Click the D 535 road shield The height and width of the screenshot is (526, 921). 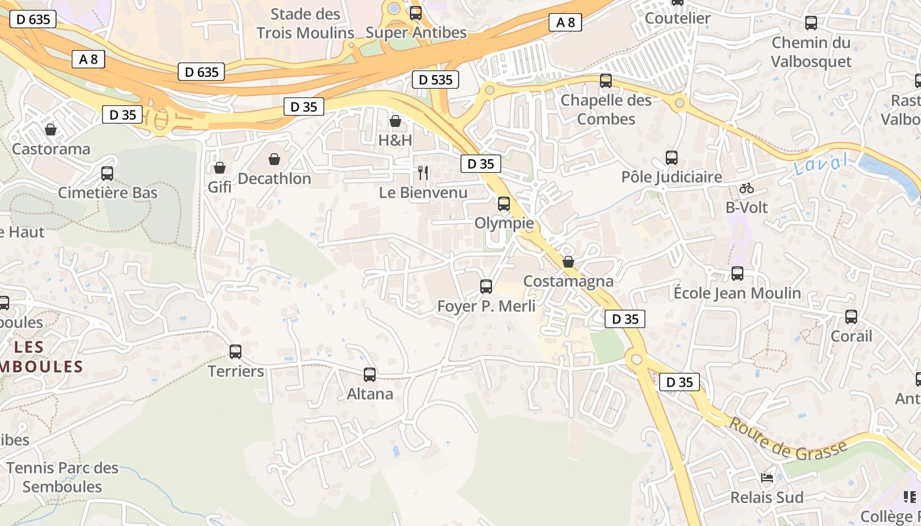(435, 80)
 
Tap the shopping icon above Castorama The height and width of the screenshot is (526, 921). (51, 130)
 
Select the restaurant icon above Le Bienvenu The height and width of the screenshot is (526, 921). (423, 173)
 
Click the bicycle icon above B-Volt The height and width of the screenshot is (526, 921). (746, 188)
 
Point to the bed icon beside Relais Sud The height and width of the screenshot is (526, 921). (766, 477)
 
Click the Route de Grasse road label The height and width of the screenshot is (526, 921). (787, 441)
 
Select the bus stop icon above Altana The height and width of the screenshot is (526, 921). (370, 375)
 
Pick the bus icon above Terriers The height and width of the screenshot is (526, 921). (236, 352)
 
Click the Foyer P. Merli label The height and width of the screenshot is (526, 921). (486, 306)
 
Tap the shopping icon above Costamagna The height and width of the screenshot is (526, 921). (568, 262)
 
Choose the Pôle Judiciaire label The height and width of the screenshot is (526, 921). (672, 177)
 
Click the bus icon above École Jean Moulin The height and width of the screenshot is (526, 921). (737, 274)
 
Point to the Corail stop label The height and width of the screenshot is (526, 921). (851, 336)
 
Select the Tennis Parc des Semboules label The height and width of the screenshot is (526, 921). (62, 477)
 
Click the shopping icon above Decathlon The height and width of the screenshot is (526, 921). (274, 159)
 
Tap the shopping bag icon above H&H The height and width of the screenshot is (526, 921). (395, 121)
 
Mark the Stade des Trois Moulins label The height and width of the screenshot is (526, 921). (305, 23)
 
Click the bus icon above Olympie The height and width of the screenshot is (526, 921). (504, 204)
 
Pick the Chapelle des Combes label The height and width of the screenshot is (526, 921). (606, 109)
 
